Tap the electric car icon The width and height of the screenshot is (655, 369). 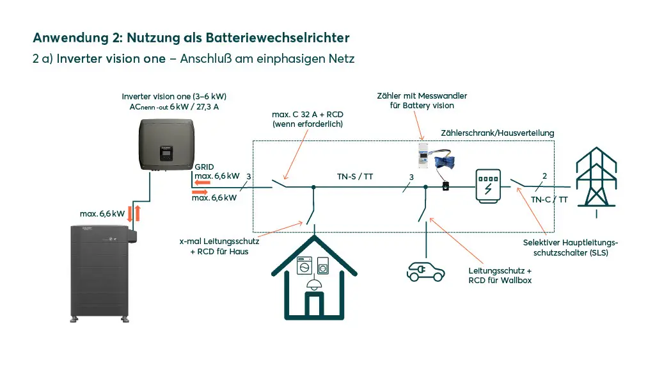coord(425,271)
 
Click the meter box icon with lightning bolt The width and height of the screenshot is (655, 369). coord(488,186)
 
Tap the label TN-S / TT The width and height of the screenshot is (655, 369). coord(355,176)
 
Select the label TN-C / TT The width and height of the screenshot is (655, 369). coord(549,199)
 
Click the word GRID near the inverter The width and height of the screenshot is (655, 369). coord(205,165)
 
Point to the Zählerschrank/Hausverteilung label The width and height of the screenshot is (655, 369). coord(497,133)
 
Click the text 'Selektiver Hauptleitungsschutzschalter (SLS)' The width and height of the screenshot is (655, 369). coord(571,247)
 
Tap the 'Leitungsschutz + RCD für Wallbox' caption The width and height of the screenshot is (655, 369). coord(500,275)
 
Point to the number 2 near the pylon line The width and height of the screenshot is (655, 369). coord(544,176)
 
